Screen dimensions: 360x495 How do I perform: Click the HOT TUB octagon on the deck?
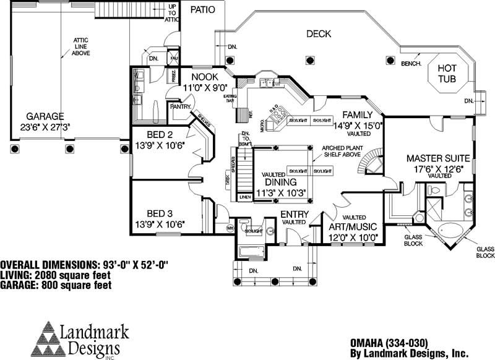(447, 74)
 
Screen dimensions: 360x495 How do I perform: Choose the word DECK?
(319, 34)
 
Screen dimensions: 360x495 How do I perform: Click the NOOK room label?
(205, 77)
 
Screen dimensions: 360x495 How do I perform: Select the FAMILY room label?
(357, 115)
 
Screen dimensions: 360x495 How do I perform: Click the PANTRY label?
(181, 106)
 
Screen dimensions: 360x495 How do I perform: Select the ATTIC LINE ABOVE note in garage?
(81, 46)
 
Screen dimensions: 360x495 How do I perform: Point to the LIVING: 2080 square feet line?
(56, 275)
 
